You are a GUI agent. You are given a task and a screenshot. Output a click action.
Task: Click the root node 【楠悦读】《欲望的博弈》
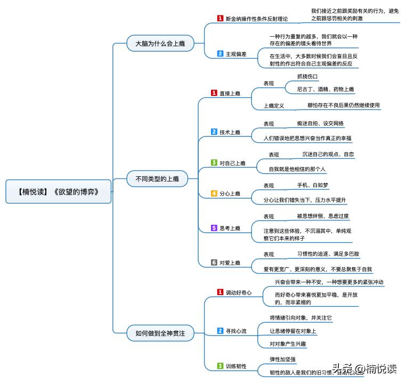click(x=59, y=191)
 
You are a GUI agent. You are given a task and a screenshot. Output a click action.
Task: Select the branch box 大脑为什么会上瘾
click(x=159, y=43)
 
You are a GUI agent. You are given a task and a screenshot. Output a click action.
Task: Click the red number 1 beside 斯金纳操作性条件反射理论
click(x=220, y=18)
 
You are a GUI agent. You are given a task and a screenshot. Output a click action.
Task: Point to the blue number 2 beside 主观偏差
click(x=220, y=54)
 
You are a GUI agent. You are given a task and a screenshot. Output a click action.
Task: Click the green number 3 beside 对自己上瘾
click(x=214, y=162)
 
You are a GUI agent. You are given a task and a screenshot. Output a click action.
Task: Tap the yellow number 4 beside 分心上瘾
click(x=214, y=193)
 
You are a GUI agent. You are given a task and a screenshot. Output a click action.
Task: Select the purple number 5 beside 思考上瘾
click(x=214, y=228)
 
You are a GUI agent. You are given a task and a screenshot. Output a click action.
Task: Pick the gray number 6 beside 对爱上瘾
click(x=214, y=263)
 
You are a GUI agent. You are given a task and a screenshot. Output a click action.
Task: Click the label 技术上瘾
click(x=230, y=132)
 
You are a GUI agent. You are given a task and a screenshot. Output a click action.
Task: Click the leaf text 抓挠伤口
click(x=307, y=76)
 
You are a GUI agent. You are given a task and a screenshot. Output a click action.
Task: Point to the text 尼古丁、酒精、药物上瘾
click(x=325, y=89)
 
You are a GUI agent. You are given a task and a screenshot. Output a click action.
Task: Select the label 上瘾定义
click(x=274, y=105)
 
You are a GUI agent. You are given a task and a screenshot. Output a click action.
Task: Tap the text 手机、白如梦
click(x=313, y=185)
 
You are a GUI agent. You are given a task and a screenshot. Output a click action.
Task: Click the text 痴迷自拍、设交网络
click(x=320, y=124)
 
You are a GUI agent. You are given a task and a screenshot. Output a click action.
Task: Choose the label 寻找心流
click(x=236, y=331)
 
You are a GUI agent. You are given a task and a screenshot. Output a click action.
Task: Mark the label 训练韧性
click(x=236, y=366)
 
